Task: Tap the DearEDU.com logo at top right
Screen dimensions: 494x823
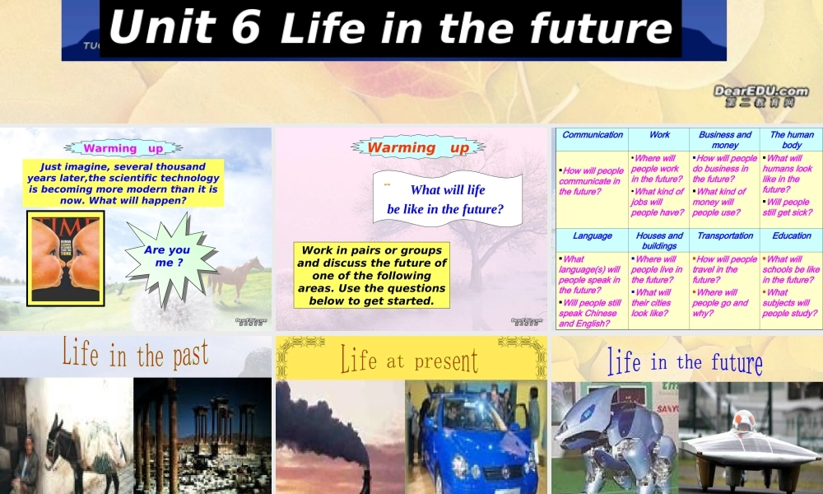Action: (x=760, y=96)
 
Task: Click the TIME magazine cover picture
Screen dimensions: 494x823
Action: (x=66, y=258)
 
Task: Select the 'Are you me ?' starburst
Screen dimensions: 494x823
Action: (x=167, y=256)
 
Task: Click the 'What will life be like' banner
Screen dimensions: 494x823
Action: (x=446, y=199)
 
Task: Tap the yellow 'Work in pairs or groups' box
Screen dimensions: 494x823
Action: (x=372, y=275)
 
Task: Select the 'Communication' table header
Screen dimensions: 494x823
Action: (x=593, y=135)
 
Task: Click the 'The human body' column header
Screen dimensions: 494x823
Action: (x=791, y=139)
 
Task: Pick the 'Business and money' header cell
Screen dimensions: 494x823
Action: (x=724, y=139)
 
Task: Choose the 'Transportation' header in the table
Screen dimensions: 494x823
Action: (x=724, y=236)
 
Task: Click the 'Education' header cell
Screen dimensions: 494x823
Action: (x=791, y=236)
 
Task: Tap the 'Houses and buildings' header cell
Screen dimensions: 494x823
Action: (x=659, y=240)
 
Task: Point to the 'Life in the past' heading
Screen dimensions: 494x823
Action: (x=135, y=354)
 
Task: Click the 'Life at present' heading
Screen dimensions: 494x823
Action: (x=409, y=359)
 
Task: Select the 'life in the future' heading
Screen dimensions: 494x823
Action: (x=685, y=361)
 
